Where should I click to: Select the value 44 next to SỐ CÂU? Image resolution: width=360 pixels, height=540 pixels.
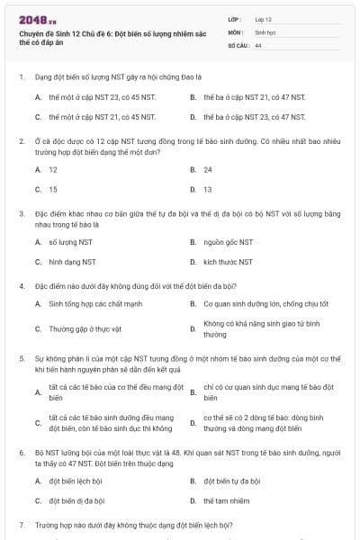click(258, 44)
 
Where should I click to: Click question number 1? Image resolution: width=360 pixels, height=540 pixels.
click(21, 76)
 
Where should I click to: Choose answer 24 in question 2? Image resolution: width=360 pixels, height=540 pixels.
click(208, 169)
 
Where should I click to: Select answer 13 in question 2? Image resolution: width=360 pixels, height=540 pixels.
click(208, 189)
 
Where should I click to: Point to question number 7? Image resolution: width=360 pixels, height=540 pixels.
click(21, 524)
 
